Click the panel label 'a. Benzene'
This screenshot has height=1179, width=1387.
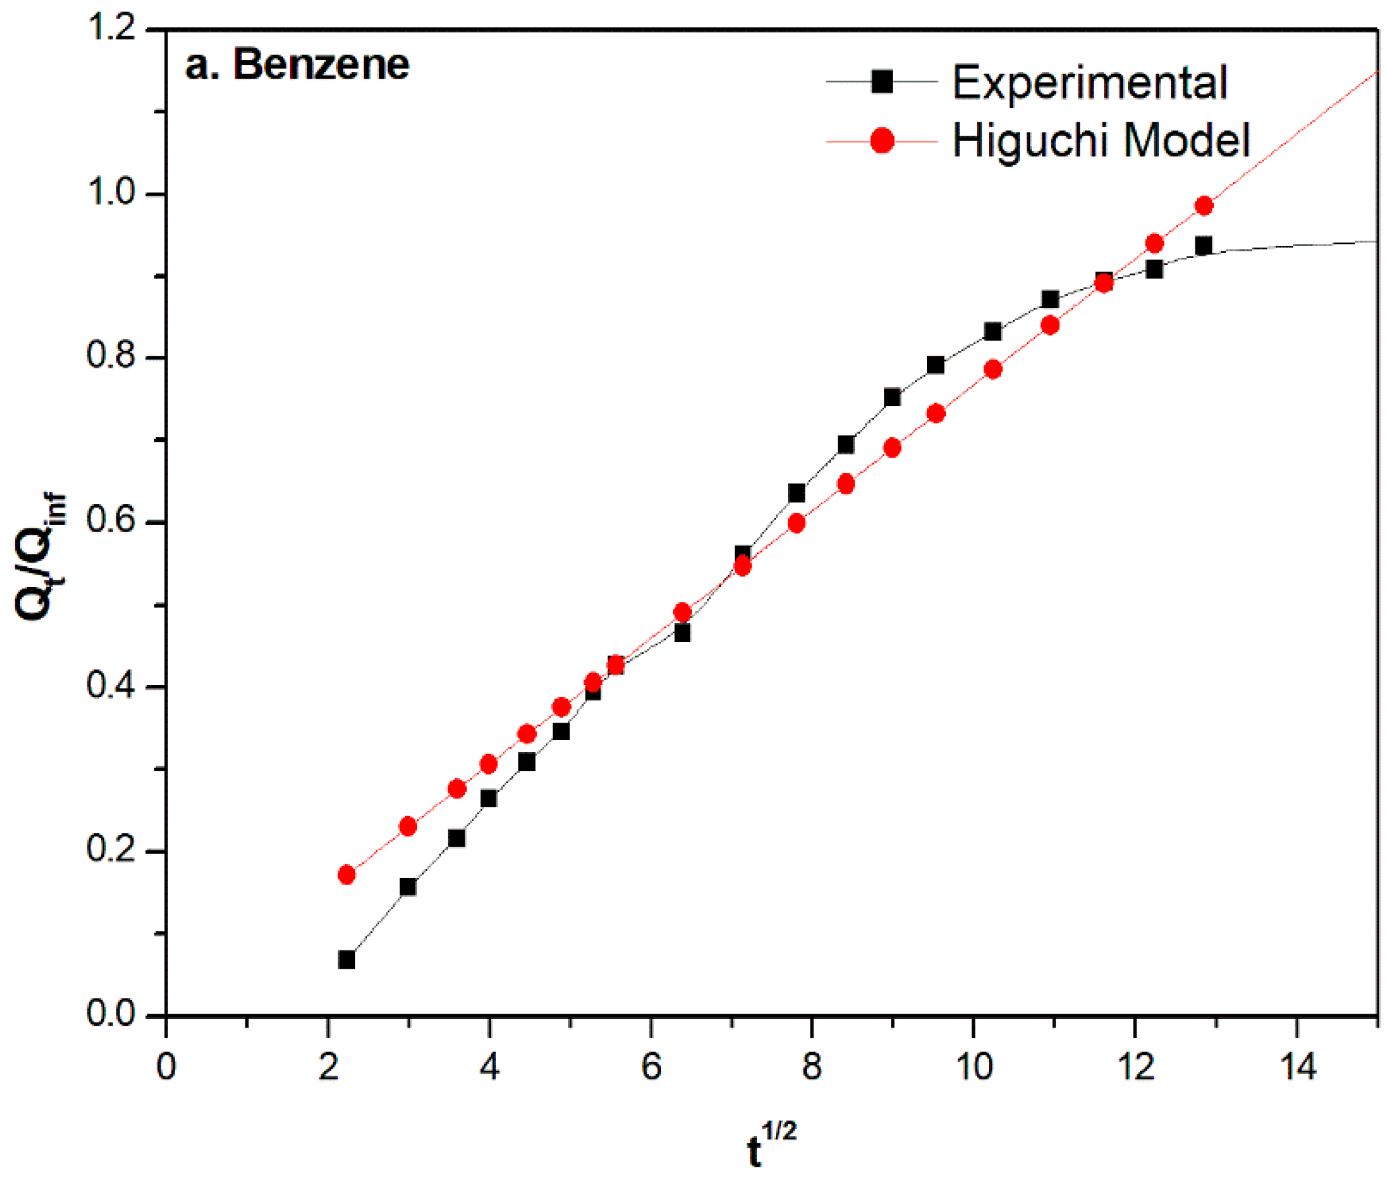point(296,65)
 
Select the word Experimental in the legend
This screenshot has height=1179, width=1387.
point(1090,83)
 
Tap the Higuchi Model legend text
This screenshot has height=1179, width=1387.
point(1101,141)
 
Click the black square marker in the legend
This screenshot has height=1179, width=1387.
point(881,82)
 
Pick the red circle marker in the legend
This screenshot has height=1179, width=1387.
point(881,141)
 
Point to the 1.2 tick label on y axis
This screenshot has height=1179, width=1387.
point(112,28)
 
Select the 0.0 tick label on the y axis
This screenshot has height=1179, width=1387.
point(112,1014)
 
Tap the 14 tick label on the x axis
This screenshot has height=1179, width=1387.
point(1297,1067)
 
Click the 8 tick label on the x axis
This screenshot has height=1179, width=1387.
point(812,1067)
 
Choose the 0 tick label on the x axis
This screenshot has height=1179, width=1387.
point(166,1067)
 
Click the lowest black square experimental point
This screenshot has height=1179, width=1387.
point(346,960)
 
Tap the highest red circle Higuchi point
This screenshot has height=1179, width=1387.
point(1204,206)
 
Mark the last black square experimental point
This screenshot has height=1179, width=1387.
point(1203,245)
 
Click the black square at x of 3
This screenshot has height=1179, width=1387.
point(407,887)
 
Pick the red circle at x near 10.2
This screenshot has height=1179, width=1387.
point(993,369)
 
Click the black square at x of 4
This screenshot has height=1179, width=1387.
point(489,799)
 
